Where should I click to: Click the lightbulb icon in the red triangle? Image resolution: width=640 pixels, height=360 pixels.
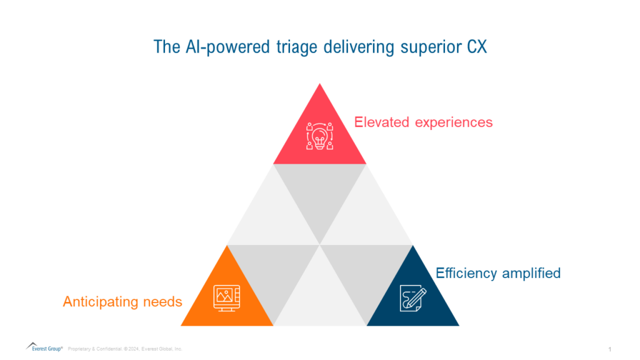pyautogui.click(x=319, y=136)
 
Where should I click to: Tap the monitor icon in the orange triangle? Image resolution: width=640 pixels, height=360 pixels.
pyautogui.click(x=227, y=297)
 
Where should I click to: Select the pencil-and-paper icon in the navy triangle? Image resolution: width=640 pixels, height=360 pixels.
pyautogui.click(x=412, y=297)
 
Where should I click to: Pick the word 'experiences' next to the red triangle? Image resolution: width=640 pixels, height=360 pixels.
pyautogui.click(x=454, y=122)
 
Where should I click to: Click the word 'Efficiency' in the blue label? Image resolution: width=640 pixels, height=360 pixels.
pyautogui.click(x=464, y=273)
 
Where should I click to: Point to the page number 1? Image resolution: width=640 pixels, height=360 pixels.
pyautogui.click(x=609, y=348)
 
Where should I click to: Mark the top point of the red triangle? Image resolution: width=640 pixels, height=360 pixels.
pyautogui.click(x=319, y=84)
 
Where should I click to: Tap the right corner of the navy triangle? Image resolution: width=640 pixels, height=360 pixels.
pyautogui.click(x=458, y=325)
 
